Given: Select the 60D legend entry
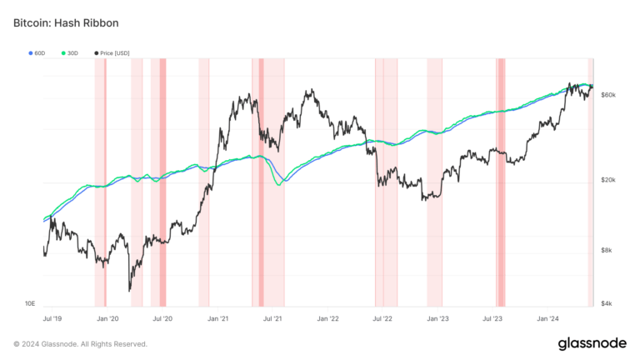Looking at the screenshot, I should pos(37,52).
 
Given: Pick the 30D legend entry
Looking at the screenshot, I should pos(69,52).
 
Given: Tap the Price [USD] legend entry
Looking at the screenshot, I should pos(111,52).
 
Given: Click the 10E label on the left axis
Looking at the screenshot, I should pos(29,303).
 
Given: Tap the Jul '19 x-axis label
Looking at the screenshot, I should pos(52,318).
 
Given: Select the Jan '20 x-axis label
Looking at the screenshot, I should pos(107,318).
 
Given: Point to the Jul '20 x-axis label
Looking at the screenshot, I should pos(162,318).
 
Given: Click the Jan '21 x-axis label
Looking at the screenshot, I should pos(218,318).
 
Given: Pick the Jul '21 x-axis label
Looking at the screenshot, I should pos(272,318).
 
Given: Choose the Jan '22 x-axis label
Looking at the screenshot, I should pos(328,318).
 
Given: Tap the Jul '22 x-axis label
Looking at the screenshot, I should pos(382,318).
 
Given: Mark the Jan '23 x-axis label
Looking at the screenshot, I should pos(438,318).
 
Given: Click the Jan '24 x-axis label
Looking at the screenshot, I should pos(547,318).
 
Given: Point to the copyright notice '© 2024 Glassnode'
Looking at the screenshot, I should pos(80,343).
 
